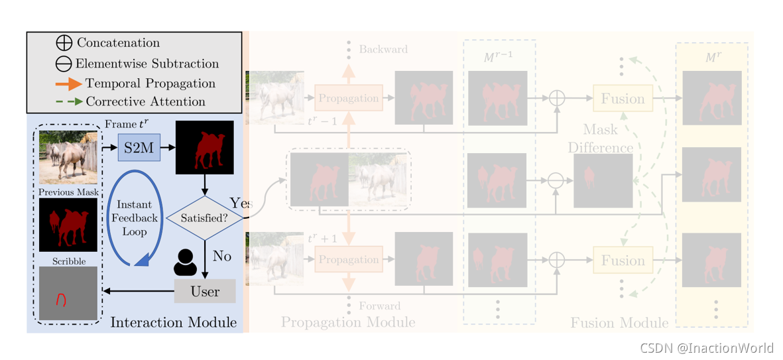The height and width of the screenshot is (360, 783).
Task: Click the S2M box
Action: point(139,148)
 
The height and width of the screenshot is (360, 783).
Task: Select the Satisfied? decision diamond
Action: point(204,217)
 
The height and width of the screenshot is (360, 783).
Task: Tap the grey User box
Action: point(205,291)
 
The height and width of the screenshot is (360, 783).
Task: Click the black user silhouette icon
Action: point(185,262)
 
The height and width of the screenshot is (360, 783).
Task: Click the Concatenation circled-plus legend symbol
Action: point(64,43)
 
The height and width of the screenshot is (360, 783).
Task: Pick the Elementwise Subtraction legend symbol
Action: point(64,64)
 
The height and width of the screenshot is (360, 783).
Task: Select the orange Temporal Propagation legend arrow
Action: point(69,84)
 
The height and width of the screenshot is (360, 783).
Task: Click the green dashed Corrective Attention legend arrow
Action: point(69,101)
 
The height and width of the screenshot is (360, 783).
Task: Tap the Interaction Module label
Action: point(173,323)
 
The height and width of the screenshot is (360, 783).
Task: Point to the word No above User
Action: point(221,255)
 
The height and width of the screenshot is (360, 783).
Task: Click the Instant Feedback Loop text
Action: point(135,218)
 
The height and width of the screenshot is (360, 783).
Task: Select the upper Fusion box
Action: point(623,99)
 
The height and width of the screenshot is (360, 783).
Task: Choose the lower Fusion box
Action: point(623,261)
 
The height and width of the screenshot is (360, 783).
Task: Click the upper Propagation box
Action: point(348,98)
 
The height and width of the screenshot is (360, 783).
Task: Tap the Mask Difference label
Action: point(600,138)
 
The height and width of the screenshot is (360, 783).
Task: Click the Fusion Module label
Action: point(619,323)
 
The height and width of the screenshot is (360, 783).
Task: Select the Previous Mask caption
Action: point(68,192)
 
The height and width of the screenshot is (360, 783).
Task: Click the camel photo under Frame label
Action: point(68,157)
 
